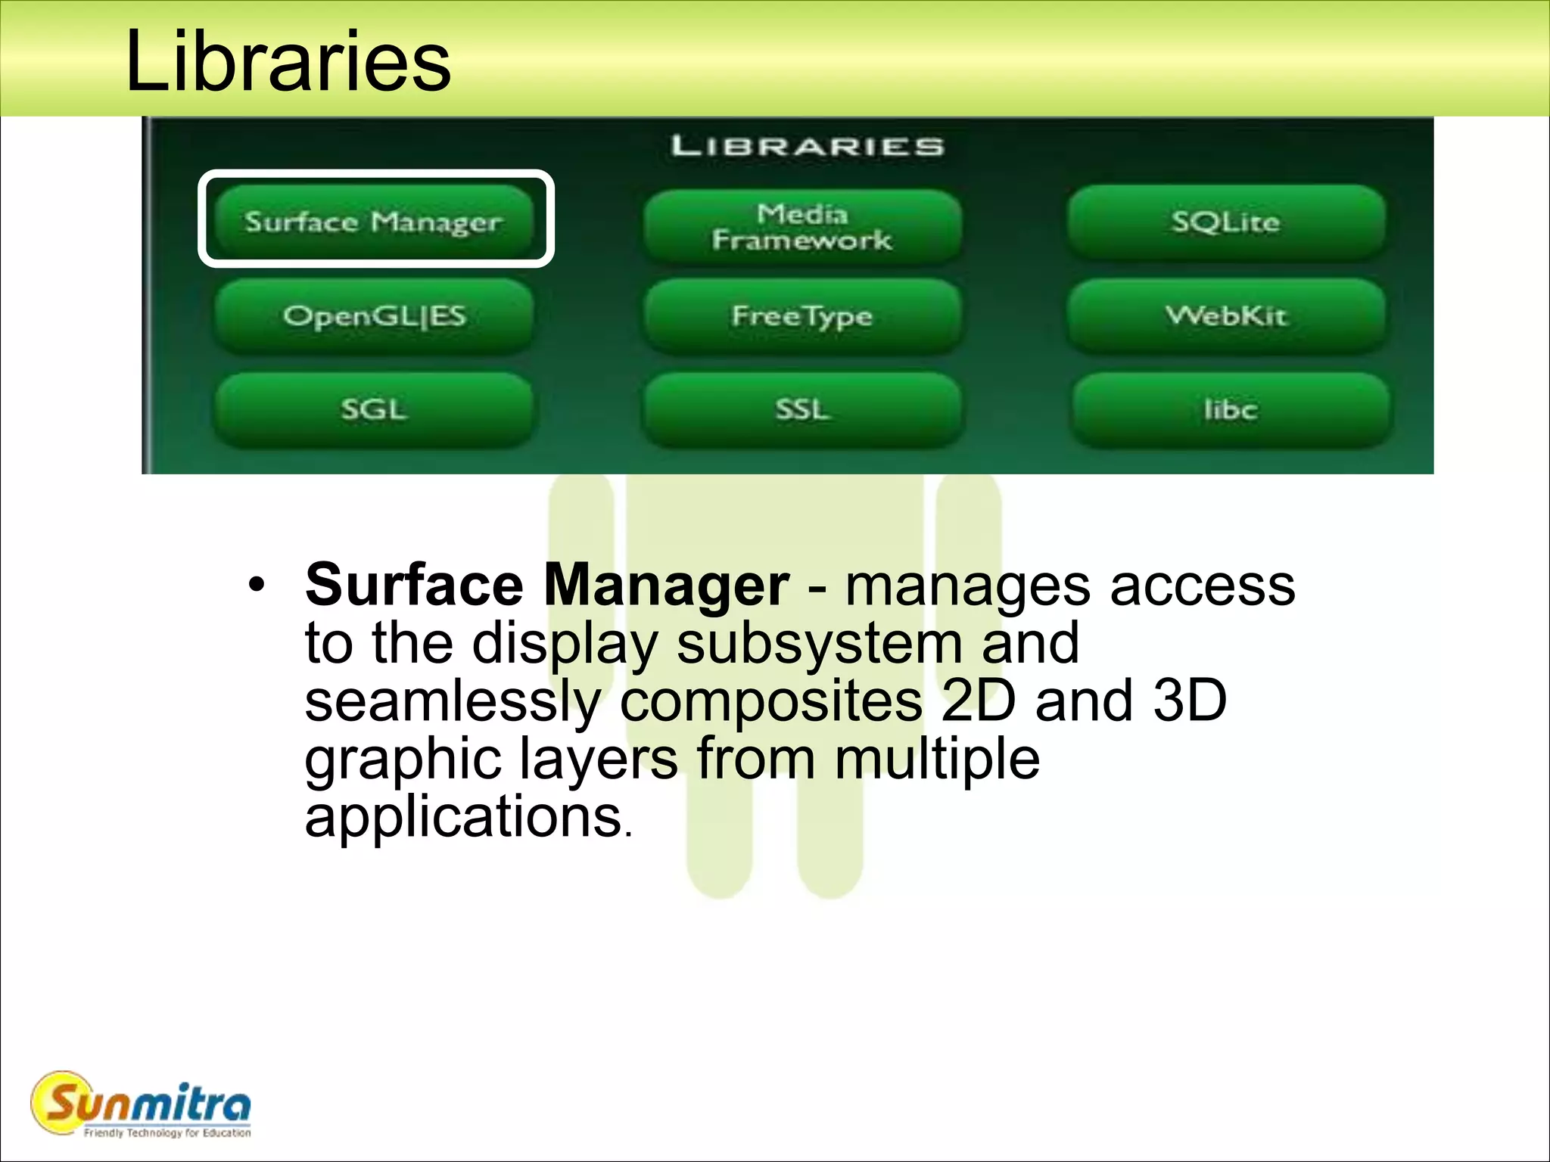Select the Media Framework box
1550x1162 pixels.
pos(802,226)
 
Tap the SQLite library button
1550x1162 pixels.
pos(1226,222)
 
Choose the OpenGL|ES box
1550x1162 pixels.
pos(375,316)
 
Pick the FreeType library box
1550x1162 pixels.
pos(802,316)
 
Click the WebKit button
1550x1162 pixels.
pos(1226,316)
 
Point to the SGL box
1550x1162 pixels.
pos(375,409)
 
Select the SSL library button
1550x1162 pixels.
pos(802,409)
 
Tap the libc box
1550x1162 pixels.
pos(1231,409)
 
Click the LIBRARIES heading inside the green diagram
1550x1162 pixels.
pos(808,146)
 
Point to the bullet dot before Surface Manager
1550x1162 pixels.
pos(257,585)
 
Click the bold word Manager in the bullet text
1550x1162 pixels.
pos(666,585)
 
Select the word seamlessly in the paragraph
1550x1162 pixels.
pos(453,701)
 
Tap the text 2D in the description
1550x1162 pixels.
pos(978,701)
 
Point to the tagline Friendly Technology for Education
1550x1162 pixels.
pos(167,1132)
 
